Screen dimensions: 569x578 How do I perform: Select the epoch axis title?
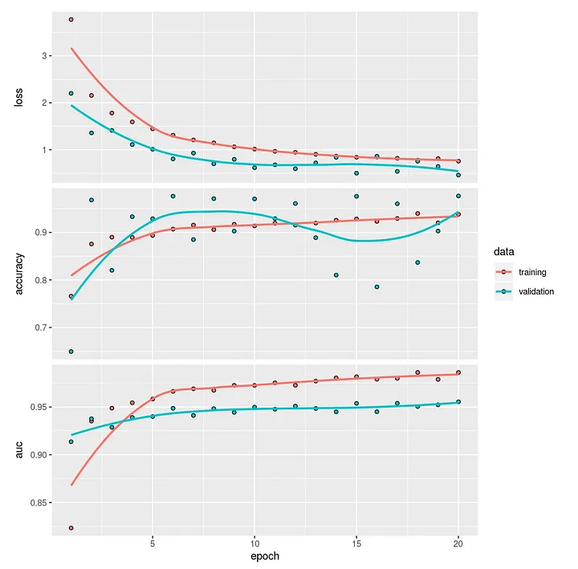point(264,555)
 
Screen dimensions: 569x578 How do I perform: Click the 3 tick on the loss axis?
point(45,56)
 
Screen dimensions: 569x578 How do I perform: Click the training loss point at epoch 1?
point(71,19)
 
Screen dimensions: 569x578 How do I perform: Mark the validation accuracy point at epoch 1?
point(71,352)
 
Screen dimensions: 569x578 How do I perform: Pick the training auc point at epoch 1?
point(71,528)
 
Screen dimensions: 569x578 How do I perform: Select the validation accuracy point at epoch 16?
point(377,287)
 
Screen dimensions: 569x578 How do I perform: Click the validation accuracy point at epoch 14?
point(336,275)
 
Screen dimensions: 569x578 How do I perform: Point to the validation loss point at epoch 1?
point(71,93)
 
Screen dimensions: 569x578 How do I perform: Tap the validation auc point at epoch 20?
point(458,402)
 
